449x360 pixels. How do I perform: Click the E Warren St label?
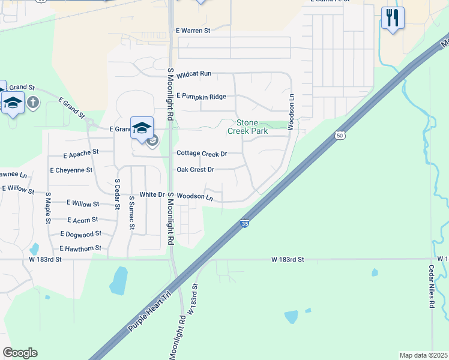[193, 30]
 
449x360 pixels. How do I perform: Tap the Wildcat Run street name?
[194, 73]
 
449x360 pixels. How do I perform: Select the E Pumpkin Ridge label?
[201, 97]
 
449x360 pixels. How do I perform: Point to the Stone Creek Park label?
[248, 127]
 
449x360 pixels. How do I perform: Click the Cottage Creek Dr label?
[202, 154]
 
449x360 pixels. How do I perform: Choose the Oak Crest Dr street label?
[195, 169]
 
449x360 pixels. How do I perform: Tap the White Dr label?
[152, 195]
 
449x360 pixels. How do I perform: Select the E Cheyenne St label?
[72, 170]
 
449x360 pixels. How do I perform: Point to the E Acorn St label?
[84, 220]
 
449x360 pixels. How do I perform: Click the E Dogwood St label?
[81, 234]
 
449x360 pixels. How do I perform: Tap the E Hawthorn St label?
[80, 248]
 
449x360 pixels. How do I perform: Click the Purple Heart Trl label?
[149, 313]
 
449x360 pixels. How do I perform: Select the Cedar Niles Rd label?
[432, 287]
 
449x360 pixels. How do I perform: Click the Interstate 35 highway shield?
[245, 223]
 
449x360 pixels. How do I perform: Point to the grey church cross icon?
[33, 102]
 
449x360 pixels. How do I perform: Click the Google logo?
[20, 353]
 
